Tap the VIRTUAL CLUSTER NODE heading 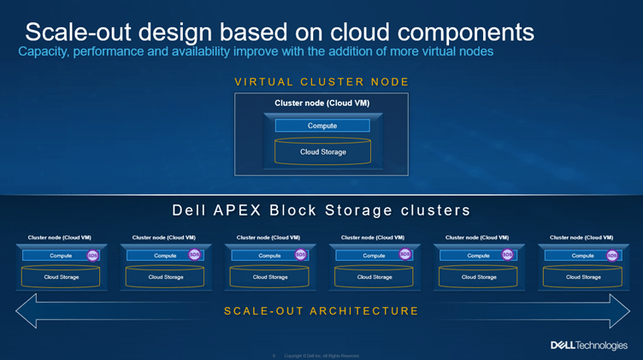pos(321,82)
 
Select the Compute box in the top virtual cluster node pos(321,126)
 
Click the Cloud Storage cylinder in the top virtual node pos(321,152)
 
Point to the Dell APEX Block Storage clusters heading pos(321,210)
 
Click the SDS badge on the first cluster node pos(92,254)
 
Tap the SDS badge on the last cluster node pos(612,255)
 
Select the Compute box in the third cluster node pos(268,255)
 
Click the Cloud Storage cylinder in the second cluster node pos(164,276)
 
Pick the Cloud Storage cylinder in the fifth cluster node pos(477,276)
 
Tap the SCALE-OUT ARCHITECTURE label pos(321,310)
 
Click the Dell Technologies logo pos(590,345)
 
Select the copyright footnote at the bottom pos(321,355)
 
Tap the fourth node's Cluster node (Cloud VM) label pos(373,237)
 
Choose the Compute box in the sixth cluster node pos(581,255)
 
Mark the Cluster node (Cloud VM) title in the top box pos(321,103)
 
